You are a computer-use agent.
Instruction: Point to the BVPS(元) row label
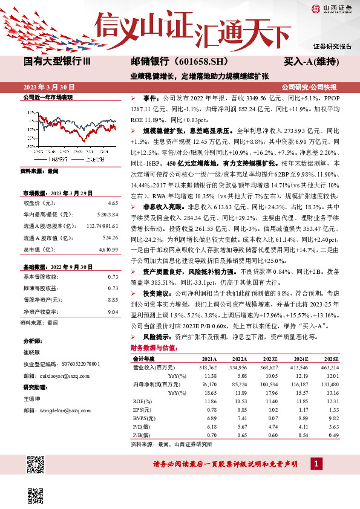[144, 418]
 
